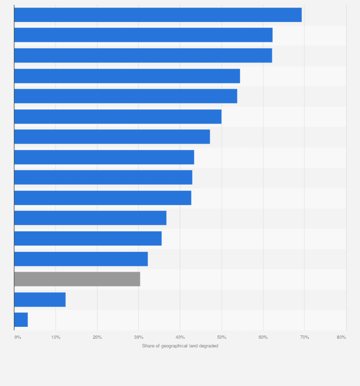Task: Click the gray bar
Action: [77, 279]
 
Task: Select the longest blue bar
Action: [158, 15]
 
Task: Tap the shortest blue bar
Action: [21, 320]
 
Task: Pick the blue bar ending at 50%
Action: [117, 116]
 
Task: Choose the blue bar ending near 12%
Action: [40, 300]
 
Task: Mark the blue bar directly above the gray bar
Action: [81, 259]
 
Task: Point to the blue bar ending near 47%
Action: [112, 137]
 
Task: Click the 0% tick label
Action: [18, 337]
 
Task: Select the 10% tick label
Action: [55, 337]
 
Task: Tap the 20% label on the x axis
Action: [97, 337]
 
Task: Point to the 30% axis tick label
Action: [138, 337]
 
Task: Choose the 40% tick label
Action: [180, 337]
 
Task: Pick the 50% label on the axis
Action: [222, 337]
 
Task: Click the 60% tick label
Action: [263, 337]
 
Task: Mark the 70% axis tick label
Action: [304, 337]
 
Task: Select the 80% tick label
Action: [341, 337]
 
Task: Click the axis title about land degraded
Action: [180, 346]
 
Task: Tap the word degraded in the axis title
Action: [209, 346]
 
